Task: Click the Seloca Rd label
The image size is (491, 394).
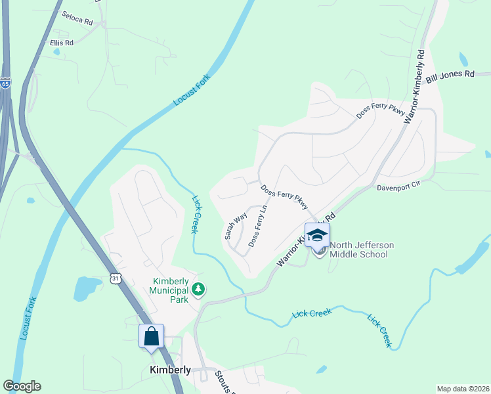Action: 77,18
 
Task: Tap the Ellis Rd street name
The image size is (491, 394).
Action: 62,42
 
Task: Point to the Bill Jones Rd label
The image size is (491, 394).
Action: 450,76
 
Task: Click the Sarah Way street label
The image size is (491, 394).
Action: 235,225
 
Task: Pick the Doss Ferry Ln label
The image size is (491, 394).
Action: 258,227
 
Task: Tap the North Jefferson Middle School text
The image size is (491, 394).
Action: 362,250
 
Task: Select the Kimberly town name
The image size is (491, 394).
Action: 170,370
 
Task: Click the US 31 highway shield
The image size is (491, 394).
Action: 115,279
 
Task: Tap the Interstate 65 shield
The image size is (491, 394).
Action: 5,84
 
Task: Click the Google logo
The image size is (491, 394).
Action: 22,386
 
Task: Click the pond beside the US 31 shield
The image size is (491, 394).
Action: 86,288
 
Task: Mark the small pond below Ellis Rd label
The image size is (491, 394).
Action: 56,51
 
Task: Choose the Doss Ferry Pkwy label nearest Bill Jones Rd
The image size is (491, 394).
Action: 381,111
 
